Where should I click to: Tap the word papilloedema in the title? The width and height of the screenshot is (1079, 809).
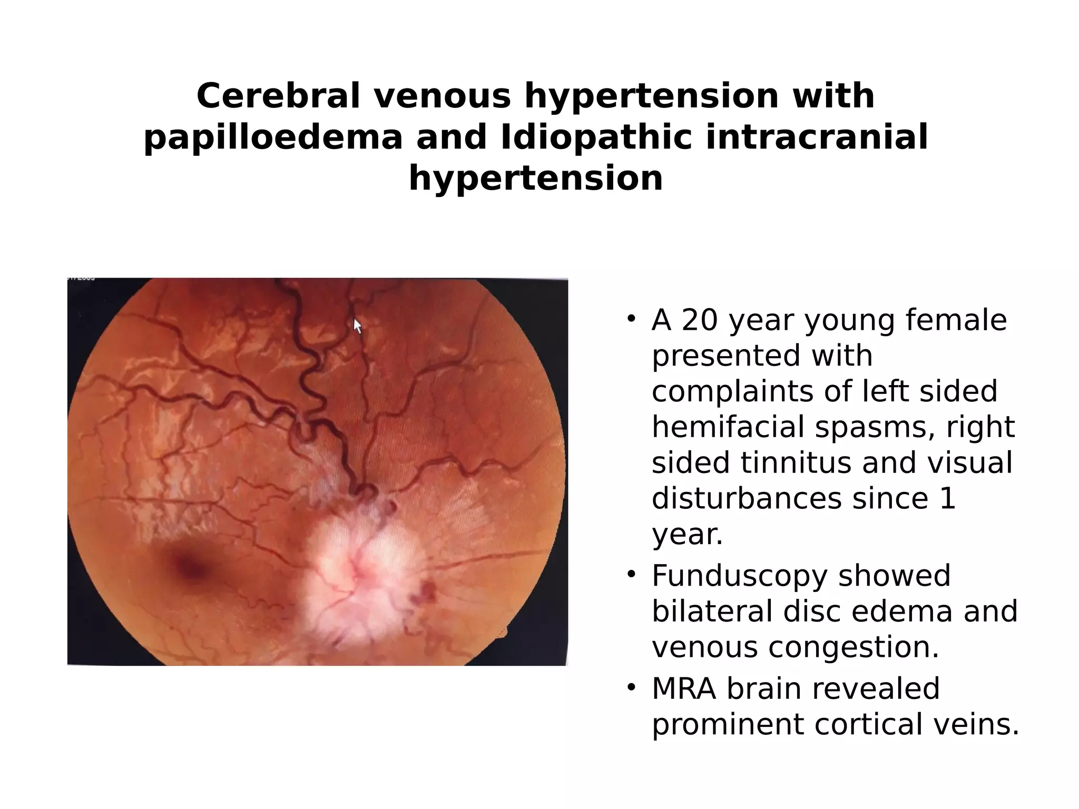(273, 137)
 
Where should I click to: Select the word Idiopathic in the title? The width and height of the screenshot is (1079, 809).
(596, 137)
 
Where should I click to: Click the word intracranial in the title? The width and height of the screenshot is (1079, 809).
(816, 137)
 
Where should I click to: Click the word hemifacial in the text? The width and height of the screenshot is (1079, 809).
(727, 427)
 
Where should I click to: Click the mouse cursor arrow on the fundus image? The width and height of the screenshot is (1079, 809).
(357, 326)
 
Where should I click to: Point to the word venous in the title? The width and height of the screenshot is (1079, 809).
(443, 96)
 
